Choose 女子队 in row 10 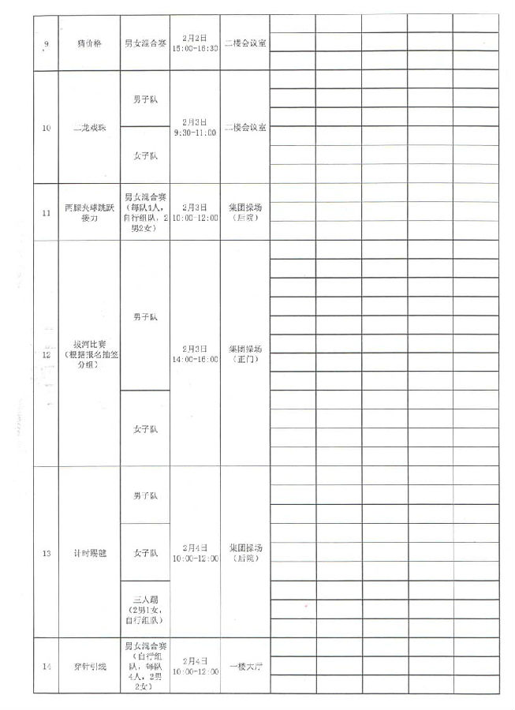(x=144, y=155)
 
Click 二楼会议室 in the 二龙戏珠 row (x=244, y=127)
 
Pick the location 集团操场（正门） (x=244, y=353)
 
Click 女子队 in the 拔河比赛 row (x=144, y=429)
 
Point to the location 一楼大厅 (x=244, y=667)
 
